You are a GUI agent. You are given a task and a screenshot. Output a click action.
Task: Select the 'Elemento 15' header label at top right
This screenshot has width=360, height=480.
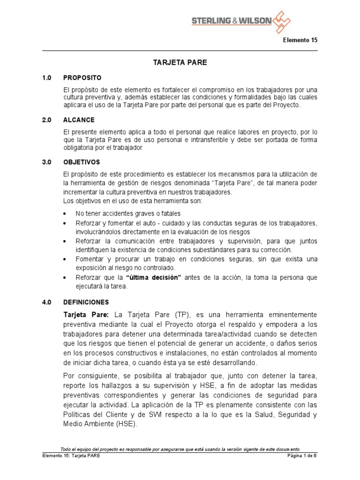(x=300, y=40)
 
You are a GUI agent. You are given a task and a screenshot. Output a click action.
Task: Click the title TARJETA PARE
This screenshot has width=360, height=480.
(x=180, y=62)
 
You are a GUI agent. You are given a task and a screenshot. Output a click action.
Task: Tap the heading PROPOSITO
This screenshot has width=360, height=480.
(x=82, y=77)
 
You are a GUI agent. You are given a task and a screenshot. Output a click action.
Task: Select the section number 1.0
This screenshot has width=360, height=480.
(x=47, y=77)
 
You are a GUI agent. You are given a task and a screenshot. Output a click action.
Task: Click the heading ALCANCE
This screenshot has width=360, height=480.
(x=79, y=120)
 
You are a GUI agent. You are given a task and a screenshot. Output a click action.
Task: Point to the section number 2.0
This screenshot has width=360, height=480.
(x=47, y=120)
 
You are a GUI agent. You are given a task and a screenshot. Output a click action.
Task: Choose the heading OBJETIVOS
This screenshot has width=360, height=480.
(x=82, y=162)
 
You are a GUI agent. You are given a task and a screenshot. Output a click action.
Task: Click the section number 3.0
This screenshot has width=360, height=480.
(x=47, y=162)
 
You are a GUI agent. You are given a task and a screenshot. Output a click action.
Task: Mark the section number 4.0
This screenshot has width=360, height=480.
(x=47, y=302)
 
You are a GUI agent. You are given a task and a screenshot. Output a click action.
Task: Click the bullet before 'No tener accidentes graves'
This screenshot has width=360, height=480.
(x=64, y=214)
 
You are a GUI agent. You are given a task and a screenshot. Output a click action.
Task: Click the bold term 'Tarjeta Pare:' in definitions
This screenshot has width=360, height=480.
(x=86, y=314)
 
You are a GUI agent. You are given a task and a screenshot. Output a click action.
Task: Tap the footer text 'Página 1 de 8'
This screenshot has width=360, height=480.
(x=302, y=455)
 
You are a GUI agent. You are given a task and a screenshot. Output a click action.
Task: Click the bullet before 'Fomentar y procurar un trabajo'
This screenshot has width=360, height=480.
(x=64, y=259)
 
